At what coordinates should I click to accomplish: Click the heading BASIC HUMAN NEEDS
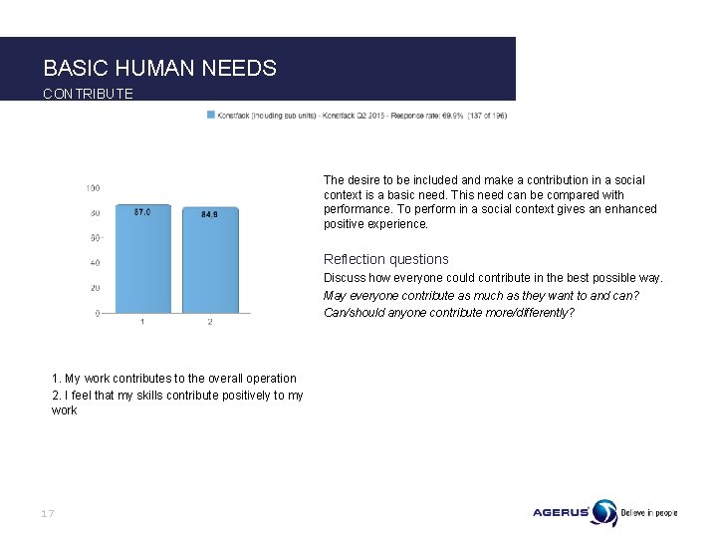pos(159,68)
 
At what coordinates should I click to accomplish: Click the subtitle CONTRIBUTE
pos(88,94)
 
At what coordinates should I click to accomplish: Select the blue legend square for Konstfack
pos(210,115)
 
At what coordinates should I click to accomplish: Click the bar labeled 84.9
pos(209,261)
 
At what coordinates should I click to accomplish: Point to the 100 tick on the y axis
pos(92,188)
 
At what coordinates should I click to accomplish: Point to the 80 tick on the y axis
pos(94,213)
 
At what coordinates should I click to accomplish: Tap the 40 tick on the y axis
pos(94,264)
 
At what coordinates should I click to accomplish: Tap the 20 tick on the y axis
pos(94,289)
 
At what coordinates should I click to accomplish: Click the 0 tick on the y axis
pos(97,314)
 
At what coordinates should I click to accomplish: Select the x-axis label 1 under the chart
pos(142,322)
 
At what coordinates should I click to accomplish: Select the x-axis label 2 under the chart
pos(209,322)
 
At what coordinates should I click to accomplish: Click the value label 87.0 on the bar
pos(142,212)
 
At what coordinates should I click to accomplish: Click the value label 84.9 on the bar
pos(209,214)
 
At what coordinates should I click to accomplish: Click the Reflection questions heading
pos(385,259)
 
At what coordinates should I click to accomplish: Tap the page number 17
pos(47,513)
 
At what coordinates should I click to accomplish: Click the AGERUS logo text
pos(561,513)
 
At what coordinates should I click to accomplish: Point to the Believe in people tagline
pos(649,513)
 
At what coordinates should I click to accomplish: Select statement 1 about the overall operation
pos(174,379)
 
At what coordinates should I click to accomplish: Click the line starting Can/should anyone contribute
pos(448,313)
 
